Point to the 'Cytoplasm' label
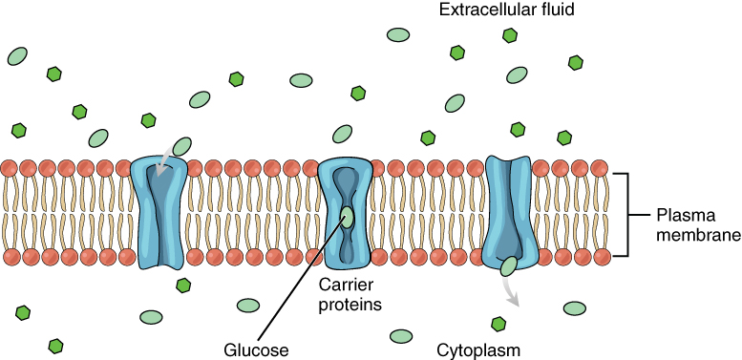coord(476,349)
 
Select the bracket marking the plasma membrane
coord(625,215)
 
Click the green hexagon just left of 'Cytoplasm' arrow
coord(497,325)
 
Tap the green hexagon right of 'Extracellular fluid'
coord(510,35)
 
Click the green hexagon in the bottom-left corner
coord(56,344)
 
